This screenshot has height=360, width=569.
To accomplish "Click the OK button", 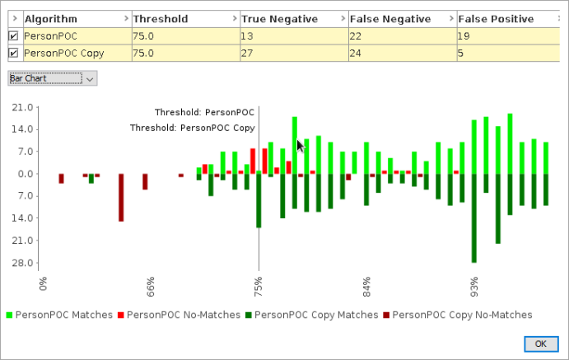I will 540,344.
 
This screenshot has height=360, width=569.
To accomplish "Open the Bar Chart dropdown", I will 53,78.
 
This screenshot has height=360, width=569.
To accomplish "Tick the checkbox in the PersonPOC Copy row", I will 13,53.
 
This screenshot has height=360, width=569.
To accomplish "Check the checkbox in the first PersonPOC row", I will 13,35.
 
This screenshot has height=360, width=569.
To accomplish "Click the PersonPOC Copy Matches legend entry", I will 316,315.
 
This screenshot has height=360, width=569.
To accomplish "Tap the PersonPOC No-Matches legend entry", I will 184,315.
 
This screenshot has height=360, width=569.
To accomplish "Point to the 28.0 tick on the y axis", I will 22,263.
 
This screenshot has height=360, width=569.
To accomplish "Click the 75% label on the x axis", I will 259,283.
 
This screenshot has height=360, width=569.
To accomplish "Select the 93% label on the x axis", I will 474,283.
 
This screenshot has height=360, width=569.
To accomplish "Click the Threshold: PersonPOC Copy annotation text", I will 192,128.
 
